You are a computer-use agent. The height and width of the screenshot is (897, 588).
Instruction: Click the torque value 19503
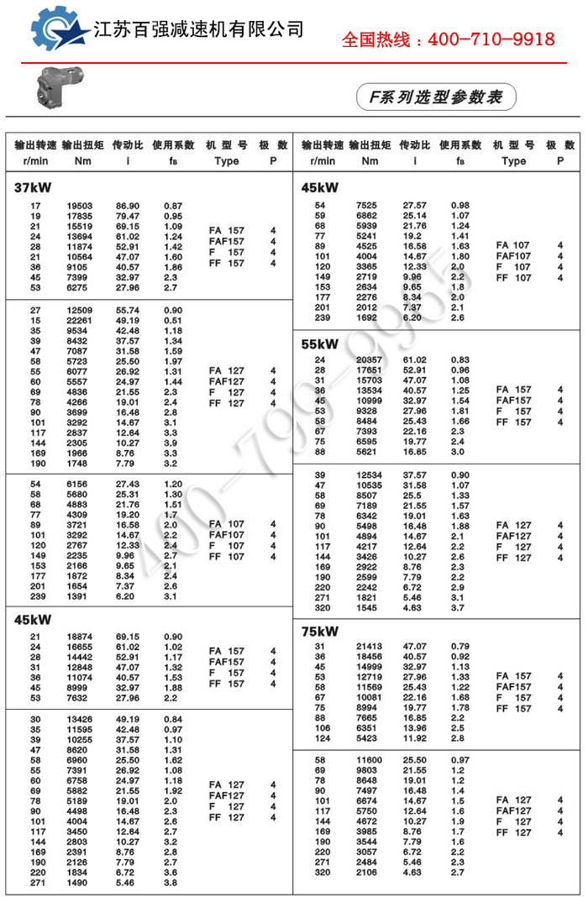pos(80,206)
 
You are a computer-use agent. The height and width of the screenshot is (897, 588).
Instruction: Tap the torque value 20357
pos(366,359)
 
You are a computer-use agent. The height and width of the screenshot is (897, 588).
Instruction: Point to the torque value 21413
pos(366,647)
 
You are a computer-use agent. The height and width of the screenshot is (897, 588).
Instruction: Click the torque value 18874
pos(80,637)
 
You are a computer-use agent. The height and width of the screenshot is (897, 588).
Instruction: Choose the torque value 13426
pos(80,719)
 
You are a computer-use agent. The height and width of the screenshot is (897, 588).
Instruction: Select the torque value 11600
pos(366,760)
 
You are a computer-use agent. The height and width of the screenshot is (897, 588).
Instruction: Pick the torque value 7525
pos(366,206)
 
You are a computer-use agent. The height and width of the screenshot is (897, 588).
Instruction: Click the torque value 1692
pos(366,318)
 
